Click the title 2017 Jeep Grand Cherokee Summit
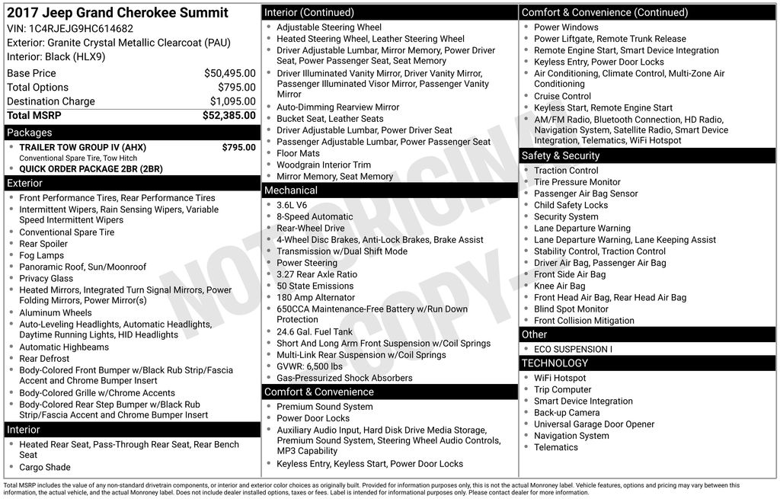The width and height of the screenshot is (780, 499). tap(117, 13)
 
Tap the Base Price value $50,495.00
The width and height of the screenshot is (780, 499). tap(229, 73)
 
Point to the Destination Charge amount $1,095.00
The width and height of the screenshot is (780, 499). tap(232, 101)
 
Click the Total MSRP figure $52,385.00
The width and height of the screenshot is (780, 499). tap(229, 116)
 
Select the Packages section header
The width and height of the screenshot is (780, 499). tap(30, 133)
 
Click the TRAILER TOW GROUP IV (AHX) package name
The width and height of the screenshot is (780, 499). tap(82, 147)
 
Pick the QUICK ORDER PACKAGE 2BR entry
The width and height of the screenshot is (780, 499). tap(91, 169)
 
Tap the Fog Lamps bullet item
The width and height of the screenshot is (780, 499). tap(41, 255)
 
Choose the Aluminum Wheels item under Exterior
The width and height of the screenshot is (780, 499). tap(55, 312)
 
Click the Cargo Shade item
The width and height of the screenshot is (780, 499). tap(44, 467)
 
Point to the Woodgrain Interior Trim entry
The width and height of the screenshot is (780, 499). tap(323, 165)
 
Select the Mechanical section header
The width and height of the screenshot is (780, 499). tap(290, 190)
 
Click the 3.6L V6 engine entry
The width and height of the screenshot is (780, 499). tap(292, 205)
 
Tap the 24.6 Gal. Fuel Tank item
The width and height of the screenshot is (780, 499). tap(314, 331)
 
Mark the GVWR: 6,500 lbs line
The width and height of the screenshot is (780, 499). tap(309, 366)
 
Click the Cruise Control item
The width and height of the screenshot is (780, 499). tap(562, 96)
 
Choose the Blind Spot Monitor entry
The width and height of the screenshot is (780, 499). tap(571, 309)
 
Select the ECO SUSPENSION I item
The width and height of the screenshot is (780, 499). tap(572, 349)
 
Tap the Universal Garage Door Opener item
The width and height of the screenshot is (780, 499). tap(593, 424)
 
